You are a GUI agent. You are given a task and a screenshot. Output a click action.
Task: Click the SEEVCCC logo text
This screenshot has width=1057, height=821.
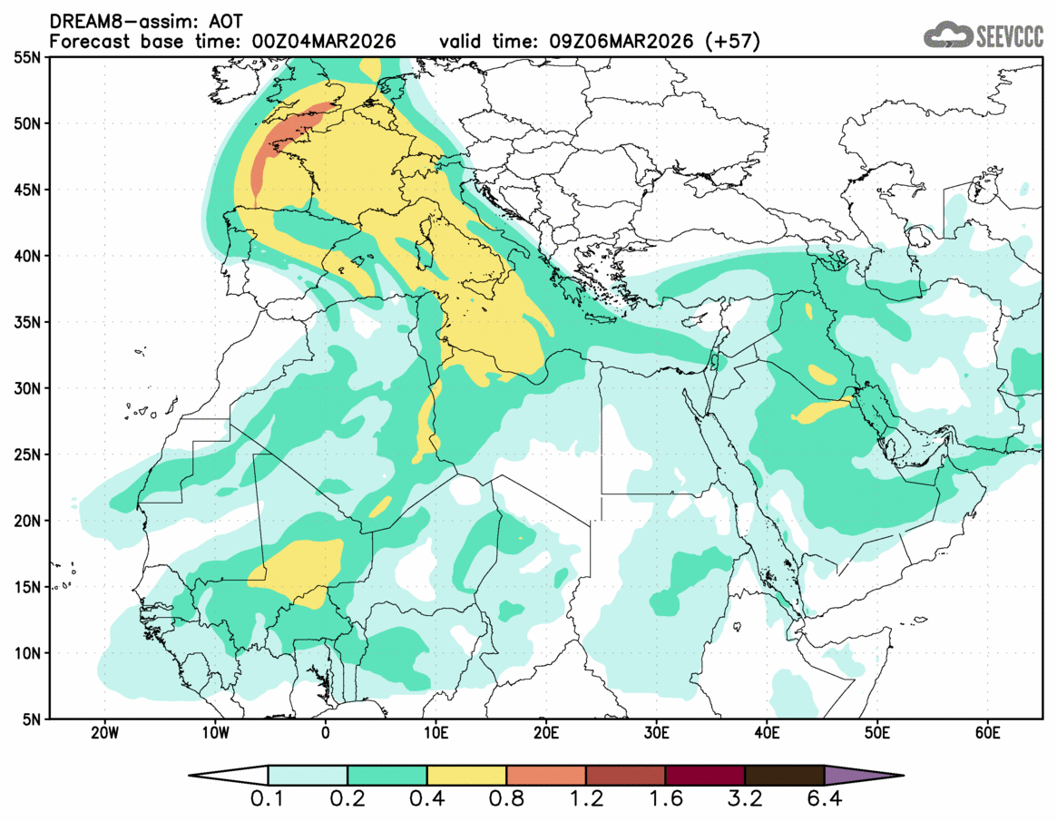1009,36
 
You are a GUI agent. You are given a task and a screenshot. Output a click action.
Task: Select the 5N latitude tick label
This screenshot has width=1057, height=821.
30,719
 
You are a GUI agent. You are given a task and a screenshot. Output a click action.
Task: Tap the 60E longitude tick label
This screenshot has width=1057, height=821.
987,732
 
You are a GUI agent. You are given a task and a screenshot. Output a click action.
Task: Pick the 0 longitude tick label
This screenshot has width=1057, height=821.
325,732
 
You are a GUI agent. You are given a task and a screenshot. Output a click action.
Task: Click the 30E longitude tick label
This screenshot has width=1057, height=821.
656,732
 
